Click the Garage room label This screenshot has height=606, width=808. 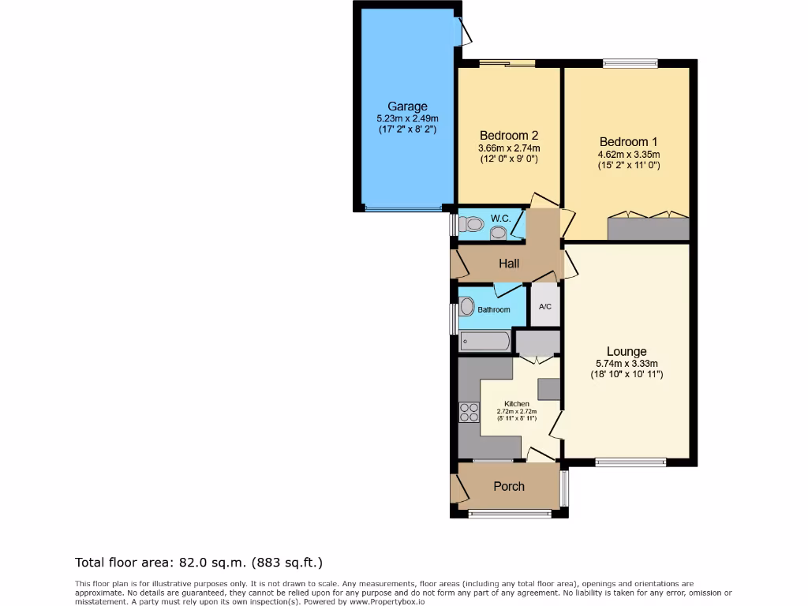(407, 107)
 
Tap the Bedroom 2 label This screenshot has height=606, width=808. (509, 136)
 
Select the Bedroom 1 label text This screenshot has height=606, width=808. (628, 142)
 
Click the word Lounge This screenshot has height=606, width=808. (627, 351)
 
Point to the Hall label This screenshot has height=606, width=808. (508, 264)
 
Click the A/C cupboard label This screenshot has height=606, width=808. (544, 306)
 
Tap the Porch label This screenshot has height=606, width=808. (509, 486)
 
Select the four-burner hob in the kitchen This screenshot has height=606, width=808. (469, 413)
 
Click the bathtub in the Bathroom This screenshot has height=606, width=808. (485, 342)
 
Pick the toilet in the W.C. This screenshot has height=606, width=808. (472, 224)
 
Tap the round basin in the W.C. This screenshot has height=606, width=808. (498, 232)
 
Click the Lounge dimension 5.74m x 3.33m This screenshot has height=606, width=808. (627, 363)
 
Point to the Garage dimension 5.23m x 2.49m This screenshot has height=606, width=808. (407, 118)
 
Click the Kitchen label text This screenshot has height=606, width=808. (517, 404)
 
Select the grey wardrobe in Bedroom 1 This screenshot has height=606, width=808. (649, 229)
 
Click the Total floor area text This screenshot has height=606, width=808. (199, 563)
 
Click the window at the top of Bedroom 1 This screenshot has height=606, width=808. (630, 63)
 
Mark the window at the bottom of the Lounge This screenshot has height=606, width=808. (630, 462)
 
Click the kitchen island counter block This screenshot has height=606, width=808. (548, 388)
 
